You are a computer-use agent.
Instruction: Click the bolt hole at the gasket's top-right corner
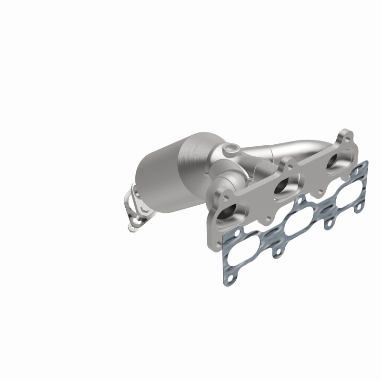point(364,164)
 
